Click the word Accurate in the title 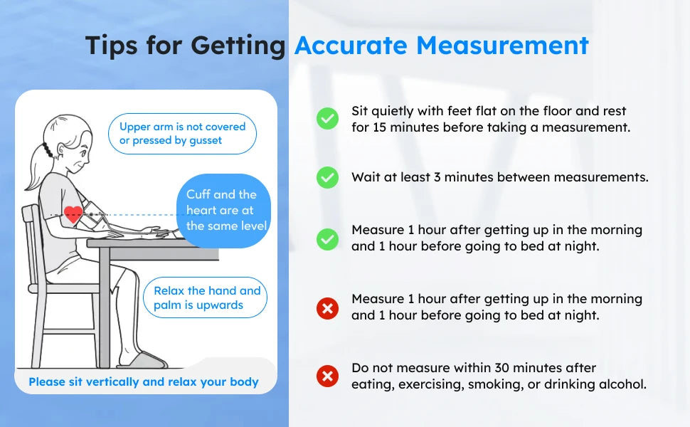pyautogui.click(x=351, y=46)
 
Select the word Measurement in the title pyautogui.click(x=503, y=46)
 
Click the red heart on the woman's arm pyautogui.click(x=73, y=214)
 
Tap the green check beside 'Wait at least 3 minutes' pyautogui.click(x=327, y=177)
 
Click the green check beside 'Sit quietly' pyautogui.click(x=327, y=119)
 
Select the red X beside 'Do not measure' pyautogui.click(x=327, y=376)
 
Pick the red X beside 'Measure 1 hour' pyautogui.click(x=327, y=308)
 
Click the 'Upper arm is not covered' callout pyautogui.click(x=182, y=134)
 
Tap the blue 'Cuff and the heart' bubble pyautogui.click(x=223, y=211)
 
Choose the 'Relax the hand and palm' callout pyautogui.click(x=207, y=297)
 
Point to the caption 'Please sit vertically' pyautogui.click(x=144, y=382)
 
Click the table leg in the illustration pyautogui.click(x=104, y=306)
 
